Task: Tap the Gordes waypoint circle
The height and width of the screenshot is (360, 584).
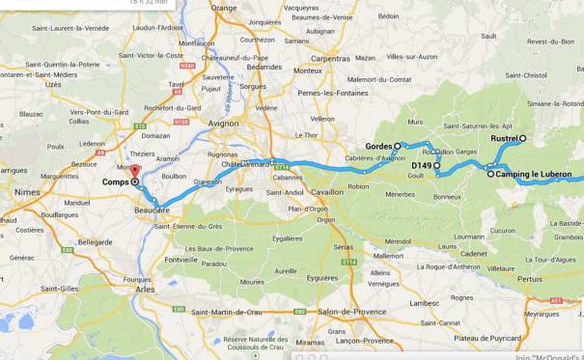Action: click(398, 146)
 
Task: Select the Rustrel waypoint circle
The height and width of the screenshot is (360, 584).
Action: click(522, 139)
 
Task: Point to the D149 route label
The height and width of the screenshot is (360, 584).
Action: click(421, 166)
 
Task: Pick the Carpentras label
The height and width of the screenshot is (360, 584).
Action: click(330, 58)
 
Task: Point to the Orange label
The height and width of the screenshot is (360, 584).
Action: click(224, 8)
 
